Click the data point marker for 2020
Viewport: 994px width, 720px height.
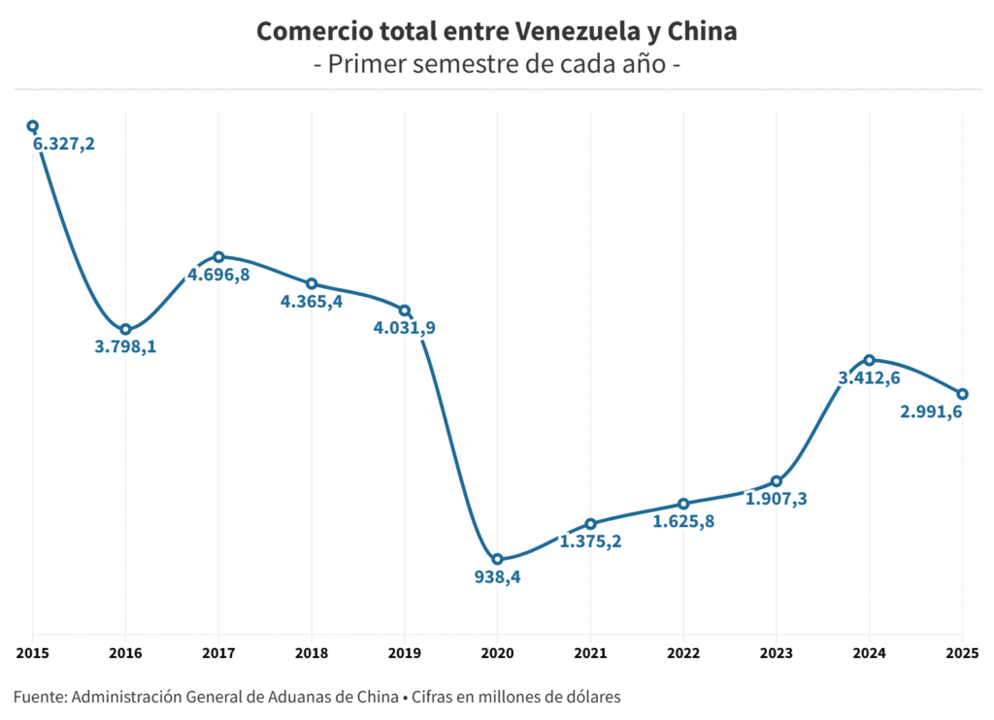(x=498, y=559)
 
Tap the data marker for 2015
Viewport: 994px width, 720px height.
(x=32, y=125)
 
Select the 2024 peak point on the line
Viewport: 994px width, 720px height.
(x=870, y=360)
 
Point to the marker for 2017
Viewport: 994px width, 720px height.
(x=218, y=257)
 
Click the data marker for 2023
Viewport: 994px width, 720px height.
(x=777, y=481)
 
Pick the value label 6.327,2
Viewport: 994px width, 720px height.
(x=64, y=144)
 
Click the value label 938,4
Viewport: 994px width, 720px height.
(x=498, y=577)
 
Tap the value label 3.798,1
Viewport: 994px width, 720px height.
(x=125, y=346)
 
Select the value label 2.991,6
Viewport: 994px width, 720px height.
(x=932, y=411)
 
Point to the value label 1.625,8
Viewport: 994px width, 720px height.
(x=683, y=521)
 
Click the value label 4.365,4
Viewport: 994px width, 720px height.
(x=312, y=302)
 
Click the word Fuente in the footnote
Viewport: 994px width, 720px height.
(x=39, y=697)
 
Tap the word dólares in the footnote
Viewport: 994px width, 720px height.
(x=590, y=697)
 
